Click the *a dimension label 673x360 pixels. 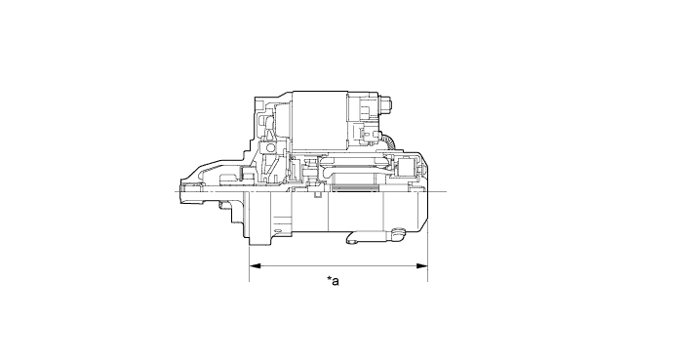tap(333, 281)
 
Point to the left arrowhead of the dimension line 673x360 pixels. tap(255, 266)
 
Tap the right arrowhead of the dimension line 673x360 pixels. tap(422, 266)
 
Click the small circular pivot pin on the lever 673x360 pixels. tap(270, 148)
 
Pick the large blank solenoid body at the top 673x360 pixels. tap(320, 121)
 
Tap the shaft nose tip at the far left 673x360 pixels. tap(181, 191)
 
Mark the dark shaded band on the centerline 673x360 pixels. tap(354, 187)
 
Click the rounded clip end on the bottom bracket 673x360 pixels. tap(398, 234)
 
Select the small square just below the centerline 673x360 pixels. tap(318, 195)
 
